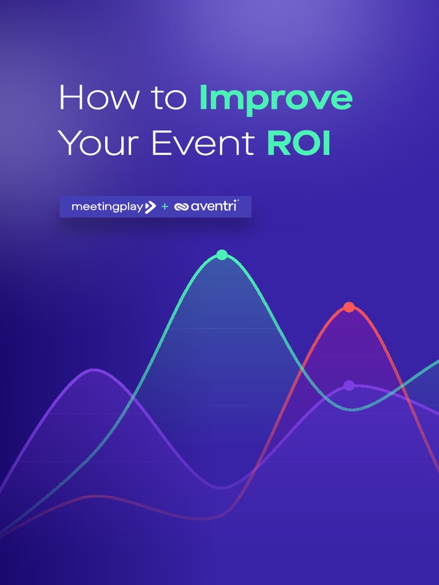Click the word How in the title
point(98,98)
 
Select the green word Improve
point(276,99)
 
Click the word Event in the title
point(202,143)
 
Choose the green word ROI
point(299,143)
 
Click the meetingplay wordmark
point(107,207)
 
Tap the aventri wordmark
point(213,206)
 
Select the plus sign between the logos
point(165,207)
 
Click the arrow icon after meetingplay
point(150,207)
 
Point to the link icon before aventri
point(181,207)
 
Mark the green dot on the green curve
point(222,255)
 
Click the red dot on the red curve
point(349,307)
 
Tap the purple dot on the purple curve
point(349,386)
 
